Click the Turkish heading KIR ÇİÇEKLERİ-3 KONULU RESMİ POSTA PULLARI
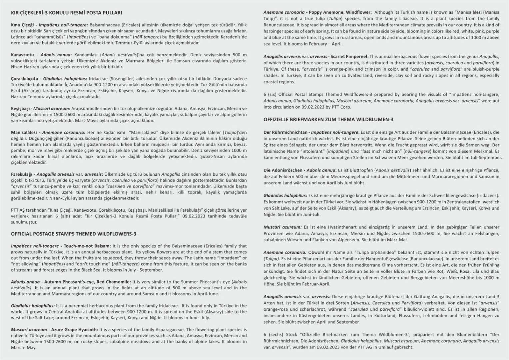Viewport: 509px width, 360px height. tap(66, 13)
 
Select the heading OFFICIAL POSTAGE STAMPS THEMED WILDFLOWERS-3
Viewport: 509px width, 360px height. tap(74, 234)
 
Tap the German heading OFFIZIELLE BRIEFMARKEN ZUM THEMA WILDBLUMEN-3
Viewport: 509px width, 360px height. tap(328, 119)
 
